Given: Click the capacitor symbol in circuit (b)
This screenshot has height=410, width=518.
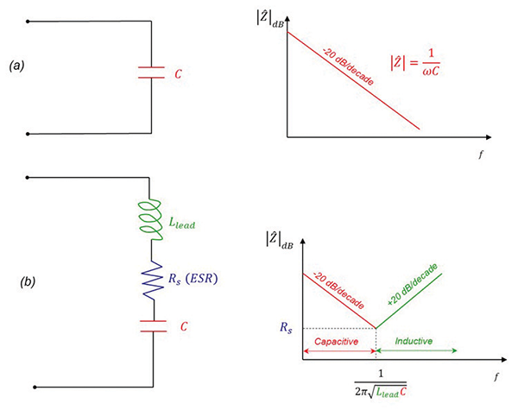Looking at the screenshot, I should point(151,328).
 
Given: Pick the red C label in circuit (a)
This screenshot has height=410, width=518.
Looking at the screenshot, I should point(178,74).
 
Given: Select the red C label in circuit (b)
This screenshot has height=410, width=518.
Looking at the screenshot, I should point(178,328).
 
